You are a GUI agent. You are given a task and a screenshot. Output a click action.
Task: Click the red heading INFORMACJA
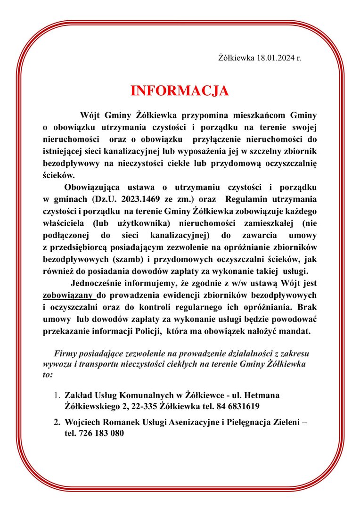[x=180, y=91]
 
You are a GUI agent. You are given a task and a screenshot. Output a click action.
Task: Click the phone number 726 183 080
[x=94, y=434]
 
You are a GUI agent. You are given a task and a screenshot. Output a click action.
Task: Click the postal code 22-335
[x=145, y=406]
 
